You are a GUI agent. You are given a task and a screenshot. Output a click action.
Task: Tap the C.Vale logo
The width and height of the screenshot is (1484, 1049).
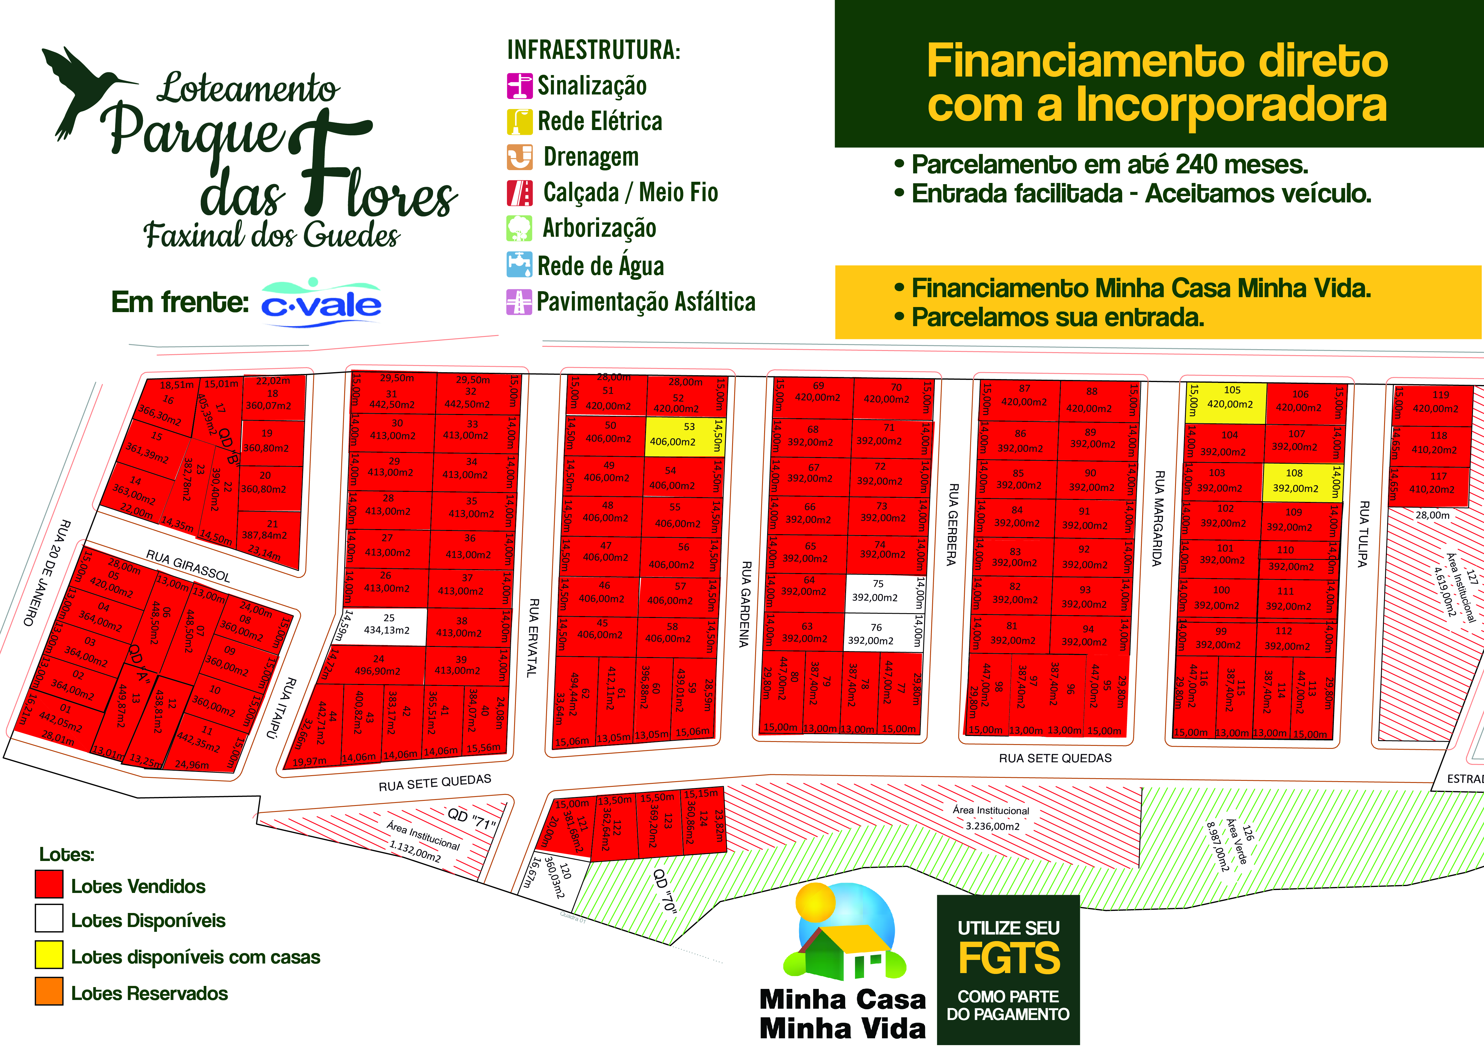pos(321,304)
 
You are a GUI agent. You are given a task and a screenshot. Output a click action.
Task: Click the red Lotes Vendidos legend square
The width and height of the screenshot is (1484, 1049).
pos(49,884)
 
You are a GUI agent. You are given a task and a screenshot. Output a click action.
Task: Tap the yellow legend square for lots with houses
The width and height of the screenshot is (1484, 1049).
pos(49,955)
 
